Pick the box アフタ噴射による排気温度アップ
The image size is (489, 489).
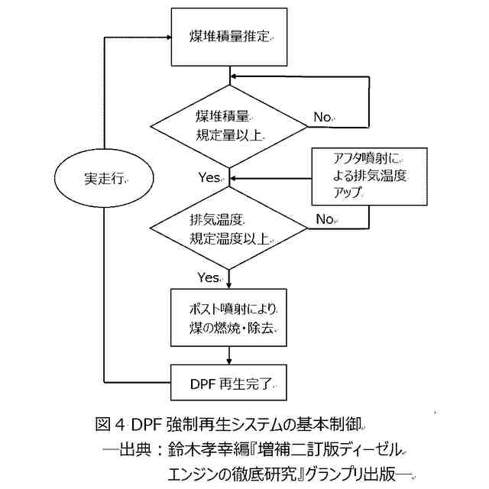click(x=369, y=176)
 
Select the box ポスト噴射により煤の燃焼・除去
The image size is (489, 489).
click(x=229, y=319)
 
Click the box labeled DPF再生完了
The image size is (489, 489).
click(x=229, y=381)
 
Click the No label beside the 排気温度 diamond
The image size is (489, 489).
click(x=325, y=219)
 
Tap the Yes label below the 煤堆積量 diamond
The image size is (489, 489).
click(x=209, y=177)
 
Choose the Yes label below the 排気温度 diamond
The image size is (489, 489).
click(x=209, y=276)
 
